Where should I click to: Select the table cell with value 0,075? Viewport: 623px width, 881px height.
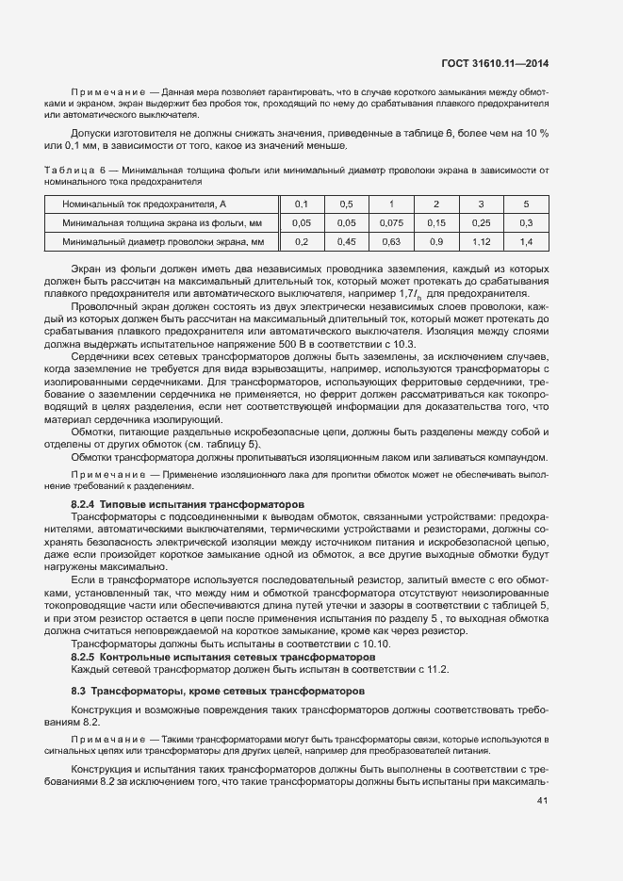(390, 223)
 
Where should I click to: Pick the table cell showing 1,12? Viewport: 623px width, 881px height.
(481, 243)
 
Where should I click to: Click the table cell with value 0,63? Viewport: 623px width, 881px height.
(390, 243)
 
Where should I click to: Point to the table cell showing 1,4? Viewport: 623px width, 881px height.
(526, 243)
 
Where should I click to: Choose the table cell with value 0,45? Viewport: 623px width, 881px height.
(346, 243)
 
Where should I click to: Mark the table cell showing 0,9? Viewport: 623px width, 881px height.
(435, 243)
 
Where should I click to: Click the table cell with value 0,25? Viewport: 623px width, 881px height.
(481, 223)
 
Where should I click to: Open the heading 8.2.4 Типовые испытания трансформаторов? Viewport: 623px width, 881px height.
(188, 504)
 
